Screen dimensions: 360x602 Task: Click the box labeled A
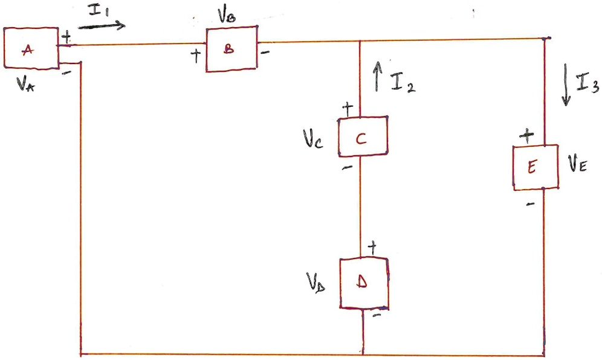[31, 48]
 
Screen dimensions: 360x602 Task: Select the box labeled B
[231, 50]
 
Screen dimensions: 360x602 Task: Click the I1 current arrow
[102, 25]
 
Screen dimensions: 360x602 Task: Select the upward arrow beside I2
[378, 75]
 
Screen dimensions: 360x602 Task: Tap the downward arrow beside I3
[566, 91]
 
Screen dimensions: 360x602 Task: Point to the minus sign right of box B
[265, 53]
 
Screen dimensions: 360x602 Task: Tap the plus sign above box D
[372, 246]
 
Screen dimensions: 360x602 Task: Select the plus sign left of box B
[195, 56]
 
